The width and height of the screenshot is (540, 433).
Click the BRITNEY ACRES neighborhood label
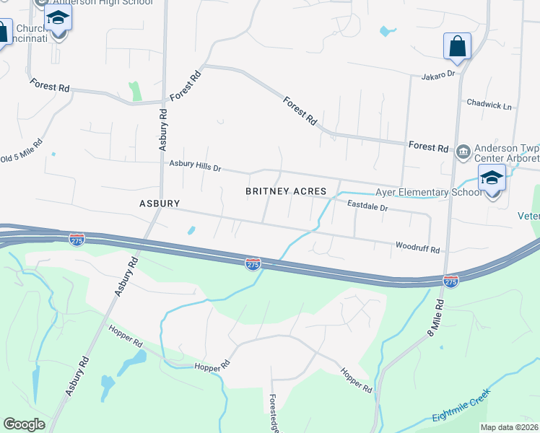286,191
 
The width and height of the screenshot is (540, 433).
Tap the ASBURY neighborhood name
159,204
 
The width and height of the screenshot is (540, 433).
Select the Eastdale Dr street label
367,207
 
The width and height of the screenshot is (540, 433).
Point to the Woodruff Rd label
417,248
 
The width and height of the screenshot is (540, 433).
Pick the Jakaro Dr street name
438,74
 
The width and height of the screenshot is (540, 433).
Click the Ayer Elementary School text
428,193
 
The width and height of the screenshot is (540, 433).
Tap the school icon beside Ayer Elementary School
492,178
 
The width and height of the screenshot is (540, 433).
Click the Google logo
24,424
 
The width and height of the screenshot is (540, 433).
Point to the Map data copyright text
510,427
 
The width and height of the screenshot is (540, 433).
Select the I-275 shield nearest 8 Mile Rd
450,280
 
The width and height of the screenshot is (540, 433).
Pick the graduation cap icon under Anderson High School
58,17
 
